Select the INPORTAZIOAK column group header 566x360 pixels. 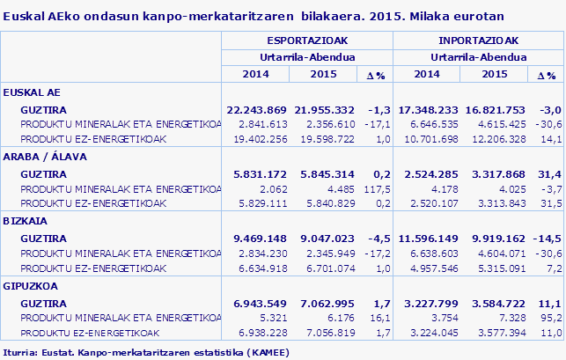click(x=478, y=40)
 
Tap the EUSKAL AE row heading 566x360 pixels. click(x=32, y=92)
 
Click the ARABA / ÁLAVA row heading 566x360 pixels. click(x=43, y=156)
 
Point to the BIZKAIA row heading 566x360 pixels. click(x=26, y=221)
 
